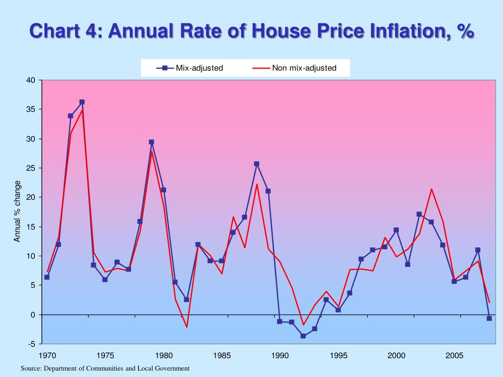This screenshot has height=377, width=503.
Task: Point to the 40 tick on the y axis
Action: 30,81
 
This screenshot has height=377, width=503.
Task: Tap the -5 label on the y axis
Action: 31,344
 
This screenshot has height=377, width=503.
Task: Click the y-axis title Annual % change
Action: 18,211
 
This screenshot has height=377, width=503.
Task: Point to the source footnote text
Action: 105,368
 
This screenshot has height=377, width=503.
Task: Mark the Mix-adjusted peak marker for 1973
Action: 82,102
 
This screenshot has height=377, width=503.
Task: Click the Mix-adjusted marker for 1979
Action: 151,142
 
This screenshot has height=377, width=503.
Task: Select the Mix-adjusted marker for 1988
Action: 256,164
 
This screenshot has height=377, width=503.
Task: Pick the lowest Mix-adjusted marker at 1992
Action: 303,336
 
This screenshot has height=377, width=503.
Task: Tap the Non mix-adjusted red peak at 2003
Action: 431,189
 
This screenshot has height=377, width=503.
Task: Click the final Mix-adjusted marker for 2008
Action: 489,318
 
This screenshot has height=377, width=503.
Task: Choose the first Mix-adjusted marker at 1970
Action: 47,277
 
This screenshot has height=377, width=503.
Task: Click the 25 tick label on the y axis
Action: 30,168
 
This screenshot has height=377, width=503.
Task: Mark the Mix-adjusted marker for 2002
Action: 419,214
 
